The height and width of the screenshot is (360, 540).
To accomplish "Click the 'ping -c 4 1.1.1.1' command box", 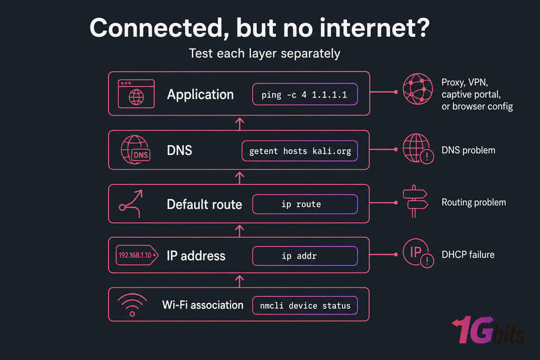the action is pos(305,94).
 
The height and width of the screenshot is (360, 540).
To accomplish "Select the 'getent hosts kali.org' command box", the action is pos(299,151).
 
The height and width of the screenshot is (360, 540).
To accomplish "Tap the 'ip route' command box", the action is pos(305,204).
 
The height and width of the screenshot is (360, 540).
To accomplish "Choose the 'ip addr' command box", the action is pos(305,256).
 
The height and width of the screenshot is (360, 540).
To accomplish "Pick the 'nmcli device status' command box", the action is pos(305,305).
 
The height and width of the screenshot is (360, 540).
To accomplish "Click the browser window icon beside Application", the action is pos(136,94).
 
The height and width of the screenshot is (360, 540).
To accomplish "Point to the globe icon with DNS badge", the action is pos(136,149).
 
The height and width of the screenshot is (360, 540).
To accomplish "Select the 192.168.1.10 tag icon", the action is pos(137,255).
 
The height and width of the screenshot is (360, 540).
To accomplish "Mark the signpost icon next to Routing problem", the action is pos(415,202).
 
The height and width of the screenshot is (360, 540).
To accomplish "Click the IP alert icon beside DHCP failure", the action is pos(418,253).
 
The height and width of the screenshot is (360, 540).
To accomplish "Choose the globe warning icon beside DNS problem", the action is pos(418,149).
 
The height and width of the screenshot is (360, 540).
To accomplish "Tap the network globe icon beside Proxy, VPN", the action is pos(418,89).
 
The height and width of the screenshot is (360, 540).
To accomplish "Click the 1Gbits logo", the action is pos(488,330).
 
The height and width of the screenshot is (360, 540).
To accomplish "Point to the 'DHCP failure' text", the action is pos(468,254).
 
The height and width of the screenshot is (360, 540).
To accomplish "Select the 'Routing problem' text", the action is pos(474,202).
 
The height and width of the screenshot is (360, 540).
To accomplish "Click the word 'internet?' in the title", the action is pos(374,28).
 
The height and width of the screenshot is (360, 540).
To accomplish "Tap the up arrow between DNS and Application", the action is pos(239,124).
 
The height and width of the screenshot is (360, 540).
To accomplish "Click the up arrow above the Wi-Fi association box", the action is pos(239,281).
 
